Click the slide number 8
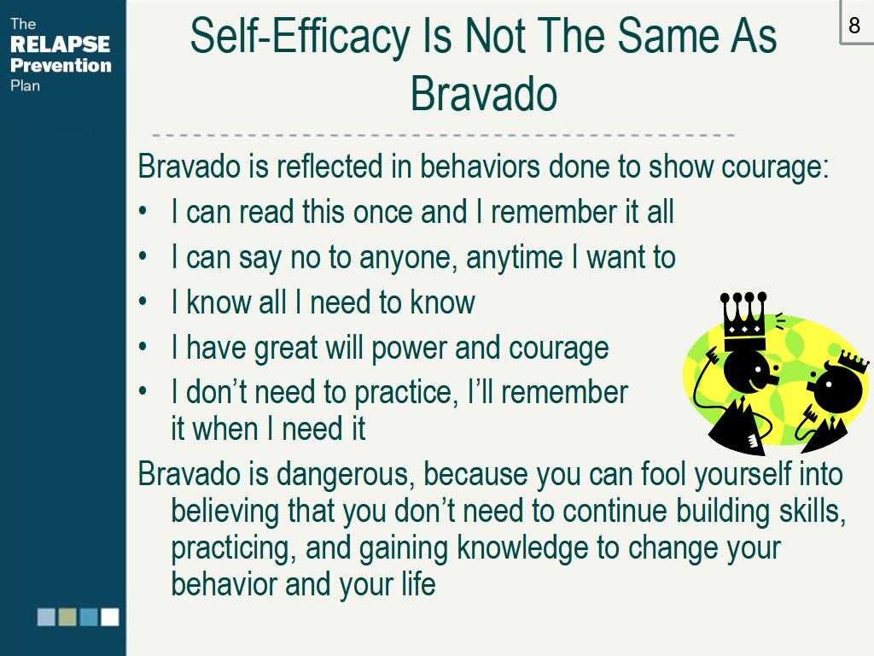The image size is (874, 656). click(854, 25)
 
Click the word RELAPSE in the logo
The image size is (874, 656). click(61, 44)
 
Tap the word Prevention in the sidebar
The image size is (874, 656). click(61, 65)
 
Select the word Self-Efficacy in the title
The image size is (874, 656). click(300, 36)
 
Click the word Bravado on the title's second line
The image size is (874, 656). click(484, 94)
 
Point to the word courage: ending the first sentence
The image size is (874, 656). click(775, 167)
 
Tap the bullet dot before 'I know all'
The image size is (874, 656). click(143, 302)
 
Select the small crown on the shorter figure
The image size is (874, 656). click(854, 360)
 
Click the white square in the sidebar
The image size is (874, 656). click(110, 617)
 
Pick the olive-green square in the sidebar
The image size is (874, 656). click(67, 617)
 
